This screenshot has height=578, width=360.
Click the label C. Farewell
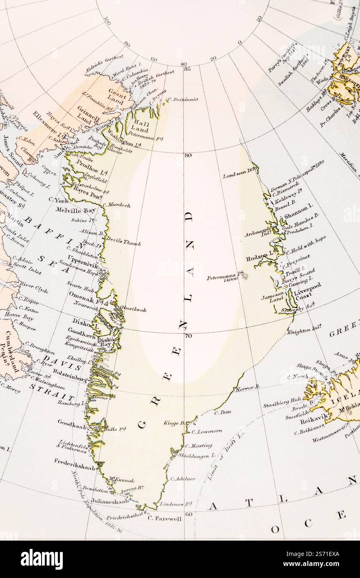165,519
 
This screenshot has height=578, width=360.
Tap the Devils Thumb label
123,241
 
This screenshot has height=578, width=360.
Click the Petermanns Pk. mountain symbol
245,275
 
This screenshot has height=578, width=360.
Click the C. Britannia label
183,99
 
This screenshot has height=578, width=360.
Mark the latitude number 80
188,156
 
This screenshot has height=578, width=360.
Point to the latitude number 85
187,69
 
